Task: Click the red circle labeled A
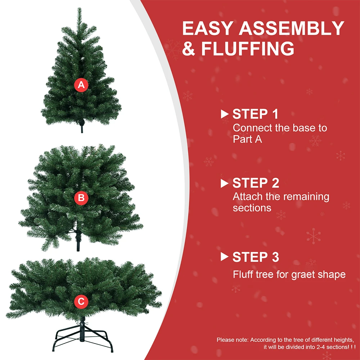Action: pos(81,85)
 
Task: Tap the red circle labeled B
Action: pos(81,198)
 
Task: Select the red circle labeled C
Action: pos(81,301)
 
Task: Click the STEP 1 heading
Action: pos(255,114)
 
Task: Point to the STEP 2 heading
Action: pos(256,183)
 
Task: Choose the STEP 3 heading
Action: pos(256,257)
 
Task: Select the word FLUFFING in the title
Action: pos(247,49)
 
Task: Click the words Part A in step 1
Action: pos(247,139)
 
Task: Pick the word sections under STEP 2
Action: pos(252,208)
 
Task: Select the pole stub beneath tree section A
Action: pos(82,128)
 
